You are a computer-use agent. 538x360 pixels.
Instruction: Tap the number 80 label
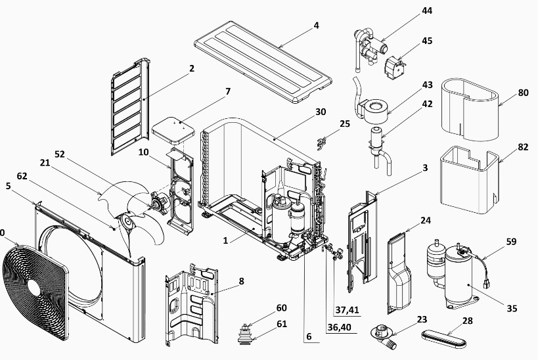coord(523,93)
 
